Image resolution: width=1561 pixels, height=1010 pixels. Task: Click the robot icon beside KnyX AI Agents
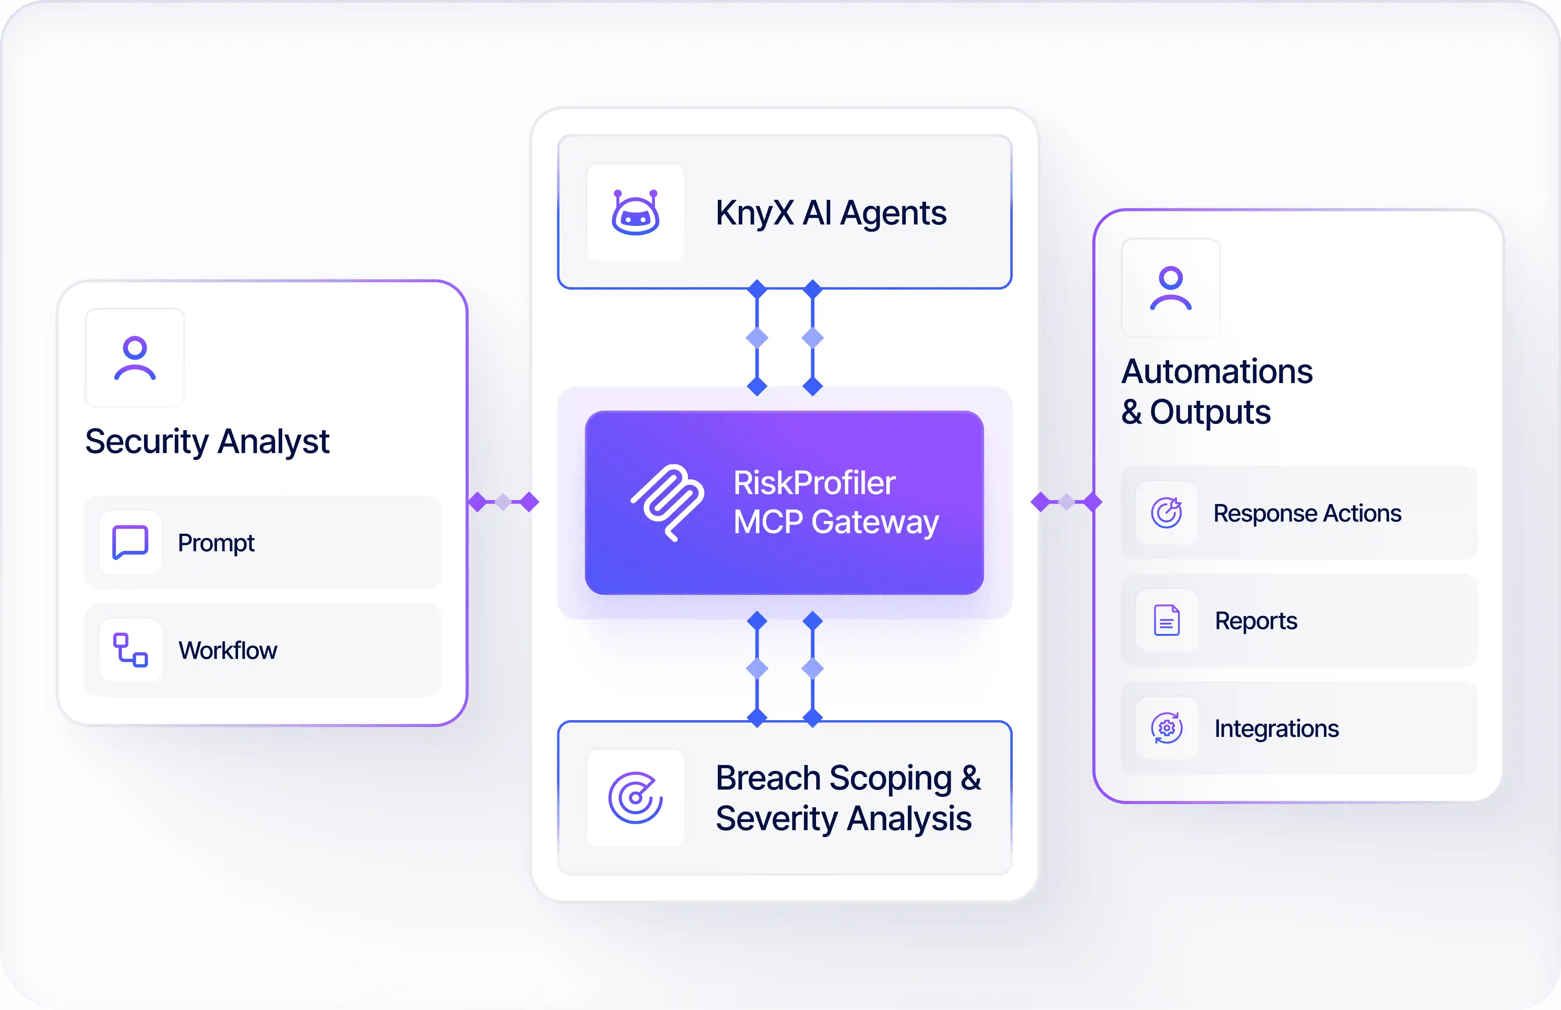coord(635,213)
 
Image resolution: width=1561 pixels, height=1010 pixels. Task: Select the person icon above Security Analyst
coord(135,358)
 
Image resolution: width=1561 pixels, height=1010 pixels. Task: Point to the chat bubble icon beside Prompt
coord(130,542)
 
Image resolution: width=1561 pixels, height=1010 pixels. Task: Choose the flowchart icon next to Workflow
coord(130,650)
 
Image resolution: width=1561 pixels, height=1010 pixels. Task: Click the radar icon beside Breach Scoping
coord(635,797)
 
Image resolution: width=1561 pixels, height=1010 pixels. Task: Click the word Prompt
coord(216,543)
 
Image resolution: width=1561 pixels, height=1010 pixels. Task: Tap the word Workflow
coord(228,651)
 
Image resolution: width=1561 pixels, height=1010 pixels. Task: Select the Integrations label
coord(1276,729)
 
